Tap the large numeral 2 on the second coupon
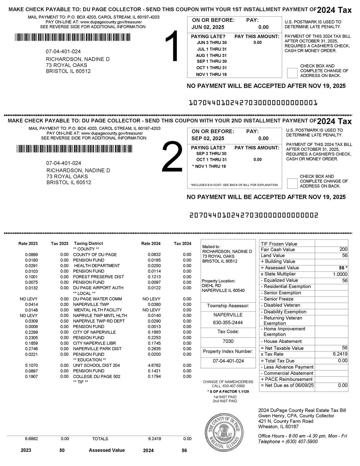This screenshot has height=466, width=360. pos(172,157)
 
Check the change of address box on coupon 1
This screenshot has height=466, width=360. pos(292,73)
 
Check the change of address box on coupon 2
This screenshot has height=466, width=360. pos(292,183)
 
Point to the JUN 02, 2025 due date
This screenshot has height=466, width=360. pos(208,27)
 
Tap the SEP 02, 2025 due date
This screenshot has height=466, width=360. pos(208,139)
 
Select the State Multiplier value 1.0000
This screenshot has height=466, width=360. pos(340,274)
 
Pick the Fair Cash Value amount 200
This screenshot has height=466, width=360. pos(344,249)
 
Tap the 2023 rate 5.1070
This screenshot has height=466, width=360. pos(31,365)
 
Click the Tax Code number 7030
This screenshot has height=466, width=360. pos(228,341)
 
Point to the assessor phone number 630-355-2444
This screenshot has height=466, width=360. pos(228,322)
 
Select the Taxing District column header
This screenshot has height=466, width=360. pos(88,244)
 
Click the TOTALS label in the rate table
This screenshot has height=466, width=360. pos(100,439)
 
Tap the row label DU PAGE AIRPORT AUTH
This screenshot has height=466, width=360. pos(98,288)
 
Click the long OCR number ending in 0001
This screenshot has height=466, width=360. pos(253,103)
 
